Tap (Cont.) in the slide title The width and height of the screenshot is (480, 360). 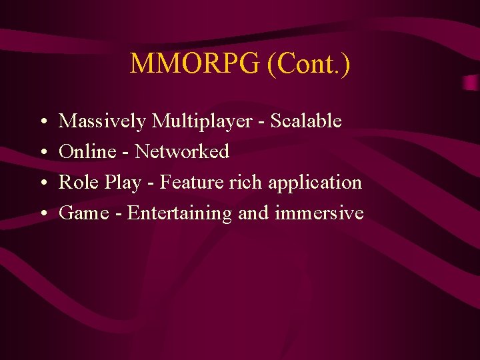point(308,64)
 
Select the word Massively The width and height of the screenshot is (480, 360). point(103,121)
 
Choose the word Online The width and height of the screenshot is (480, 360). point(87,152)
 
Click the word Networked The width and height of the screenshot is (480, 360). point(182,152)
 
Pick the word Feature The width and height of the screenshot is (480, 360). point(193,182)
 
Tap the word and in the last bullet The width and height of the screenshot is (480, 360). point(253,213)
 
